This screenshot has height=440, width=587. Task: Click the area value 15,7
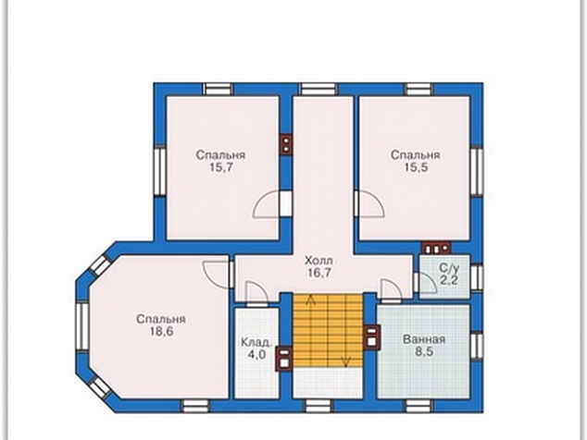[x=221, y=167]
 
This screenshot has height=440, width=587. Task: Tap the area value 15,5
[x=416, y=167]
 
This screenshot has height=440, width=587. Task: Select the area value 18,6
[x=161, y=332]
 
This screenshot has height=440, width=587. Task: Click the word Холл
[x=318, y=260]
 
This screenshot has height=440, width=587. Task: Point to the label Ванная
[x=424, y=339]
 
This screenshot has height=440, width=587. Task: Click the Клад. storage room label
[x=256, y=342]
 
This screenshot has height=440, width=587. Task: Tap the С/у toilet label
[x=449, y=268]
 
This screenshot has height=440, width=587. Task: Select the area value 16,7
[x=319, y=273]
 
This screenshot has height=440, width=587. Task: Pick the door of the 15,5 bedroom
[x=368, y=203]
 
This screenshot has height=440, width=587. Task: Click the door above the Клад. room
[x=256, y=293]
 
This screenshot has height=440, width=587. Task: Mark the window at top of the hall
[x=318, y=90]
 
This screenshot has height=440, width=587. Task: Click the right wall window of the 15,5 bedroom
[x=477, y=172]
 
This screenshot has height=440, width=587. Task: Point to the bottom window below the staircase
[x=317, y=406]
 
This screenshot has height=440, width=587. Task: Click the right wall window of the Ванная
[x=477, y=347]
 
